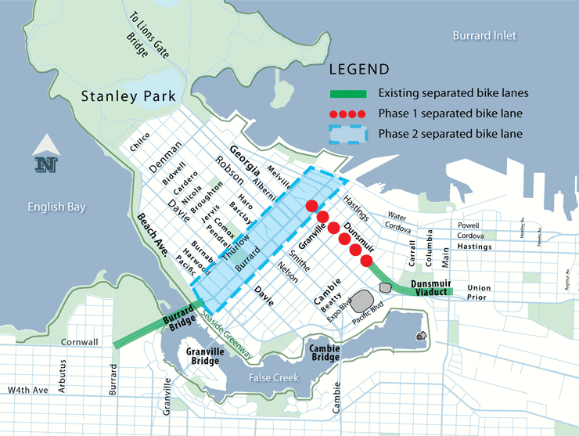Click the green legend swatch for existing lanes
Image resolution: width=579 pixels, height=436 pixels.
pos(347,93)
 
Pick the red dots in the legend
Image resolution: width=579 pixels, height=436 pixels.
pos(347,114)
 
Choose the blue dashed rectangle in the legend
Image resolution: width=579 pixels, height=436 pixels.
pos(347,134)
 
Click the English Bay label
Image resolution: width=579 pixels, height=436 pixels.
pos(56,207)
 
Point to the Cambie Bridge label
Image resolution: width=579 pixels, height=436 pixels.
pos(324,351)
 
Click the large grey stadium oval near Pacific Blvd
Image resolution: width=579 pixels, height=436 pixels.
pos(364,299)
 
